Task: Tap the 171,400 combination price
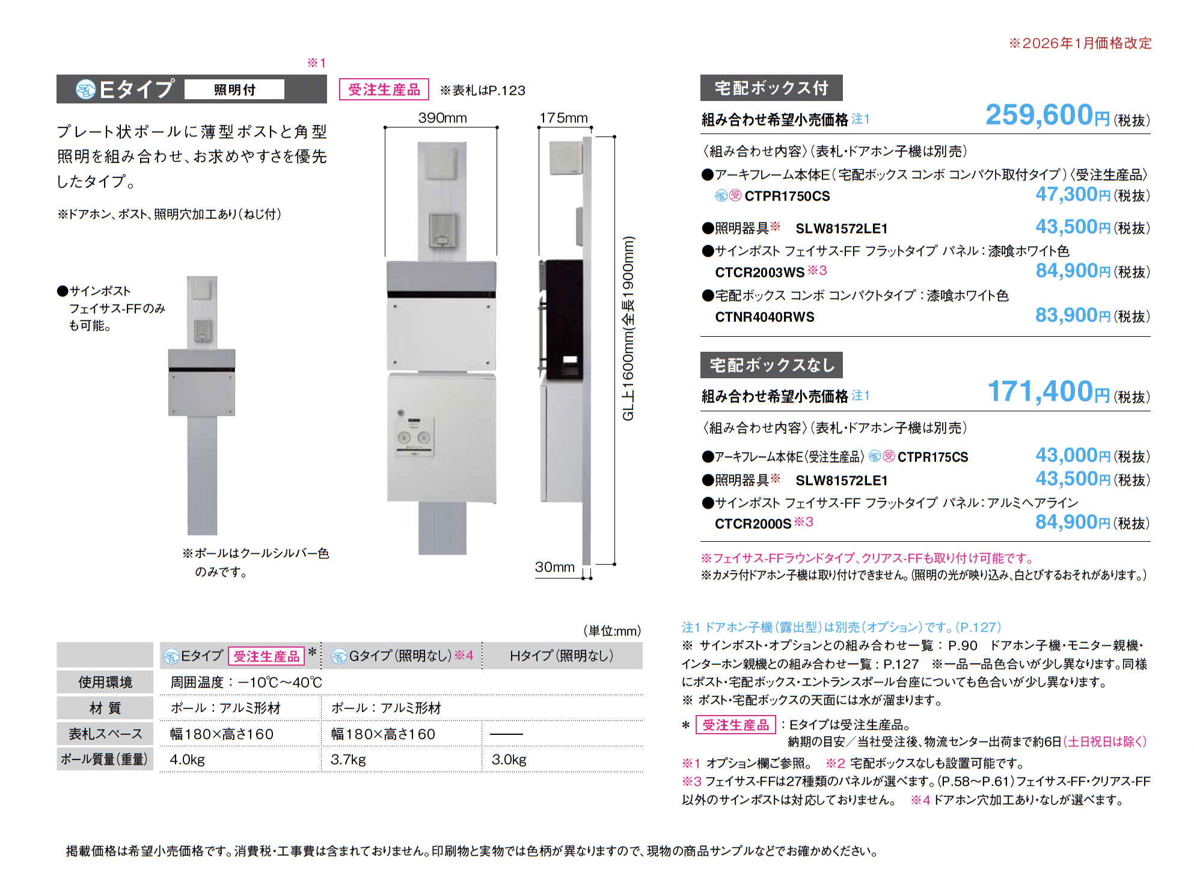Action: [x=1049, y=391]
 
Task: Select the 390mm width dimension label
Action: [x=442, y=118]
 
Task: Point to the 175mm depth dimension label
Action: [x=563, y=118]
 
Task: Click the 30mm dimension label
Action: [x=555, y=567]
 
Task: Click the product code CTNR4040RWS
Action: [x=765, y=317]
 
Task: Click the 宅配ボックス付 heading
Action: [x=771, y=88]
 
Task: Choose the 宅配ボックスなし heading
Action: [x=771, y=364]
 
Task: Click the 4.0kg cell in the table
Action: [x=187, y=760]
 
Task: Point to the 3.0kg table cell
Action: [x=509, y=760]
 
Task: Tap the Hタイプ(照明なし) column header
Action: [x=562, y=655]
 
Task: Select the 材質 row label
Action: [x=105, y=708]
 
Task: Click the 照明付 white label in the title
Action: [x=234, y=90]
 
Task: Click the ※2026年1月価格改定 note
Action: [x=1080, y=43]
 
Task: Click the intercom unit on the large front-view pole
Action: [x=442, y=230]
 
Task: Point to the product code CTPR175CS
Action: [x=932, y=457]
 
